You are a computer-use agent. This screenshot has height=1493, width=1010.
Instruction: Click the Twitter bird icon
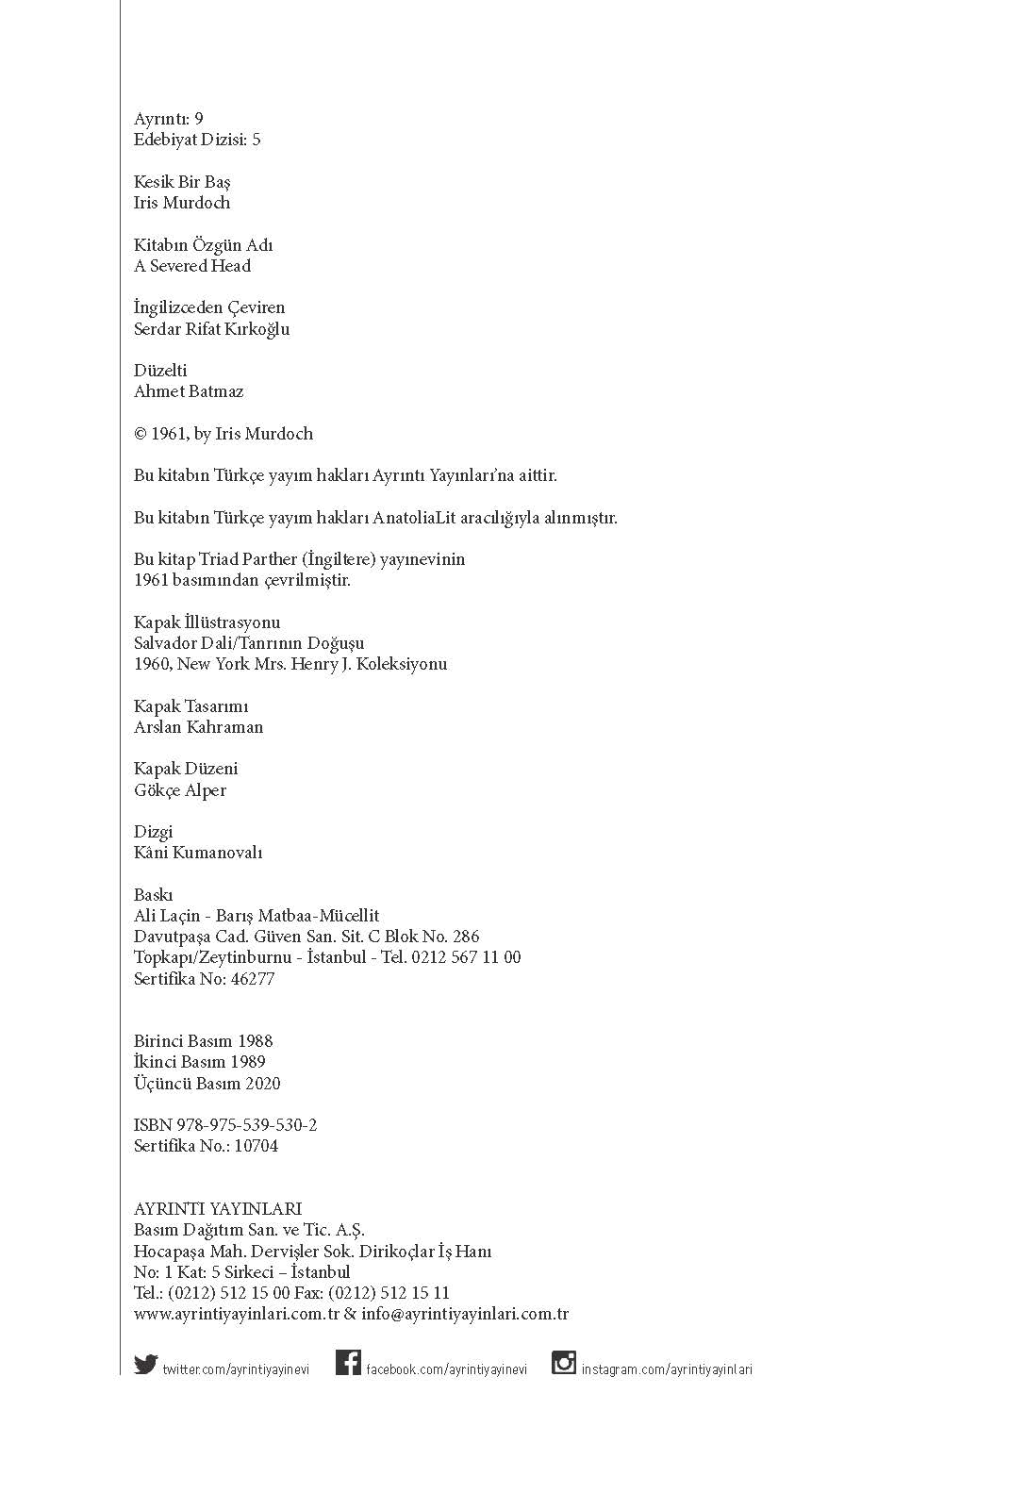coord(145,1364)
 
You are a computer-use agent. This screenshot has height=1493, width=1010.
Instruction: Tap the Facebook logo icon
coord(348,1363)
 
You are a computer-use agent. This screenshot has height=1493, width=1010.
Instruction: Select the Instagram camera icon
coord(564,1363)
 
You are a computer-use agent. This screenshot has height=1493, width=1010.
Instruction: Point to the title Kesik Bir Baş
coord(182,182)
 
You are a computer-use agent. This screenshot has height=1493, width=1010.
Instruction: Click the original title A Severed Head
coord(192,266)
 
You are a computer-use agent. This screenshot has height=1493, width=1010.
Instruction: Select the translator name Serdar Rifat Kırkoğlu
coord(211,329)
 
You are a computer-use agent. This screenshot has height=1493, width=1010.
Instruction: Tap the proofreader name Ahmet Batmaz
coord(189,391)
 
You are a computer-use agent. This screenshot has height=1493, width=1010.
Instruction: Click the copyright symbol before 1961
coord(141,434)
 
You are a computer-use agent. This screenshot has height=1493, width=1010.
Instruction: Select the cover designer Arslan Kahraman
coord(198,727)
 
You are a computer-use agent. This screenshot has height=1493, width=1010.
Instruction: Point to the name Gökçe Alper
coord(180,790)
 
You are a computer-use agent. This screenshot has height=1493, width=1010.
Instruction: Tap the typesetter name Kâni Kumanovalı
coord(198,853)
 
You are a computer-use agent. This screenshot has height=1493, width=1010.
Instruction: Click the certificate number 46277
coord(252,979)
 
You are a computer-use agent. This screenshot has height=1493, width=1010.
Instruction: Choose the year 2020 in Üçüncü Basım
coord(263,1084)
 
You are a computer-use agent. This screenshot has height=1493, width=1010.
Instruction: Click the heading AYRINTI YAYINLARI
coord(218,1209)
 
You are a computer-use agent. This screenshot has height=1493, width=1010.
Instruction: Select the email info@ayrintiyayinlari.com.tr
coord(465,1314)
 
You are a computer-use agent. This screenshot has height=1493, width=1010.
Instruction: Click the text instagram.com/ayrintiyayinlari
coord(667,1369)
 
